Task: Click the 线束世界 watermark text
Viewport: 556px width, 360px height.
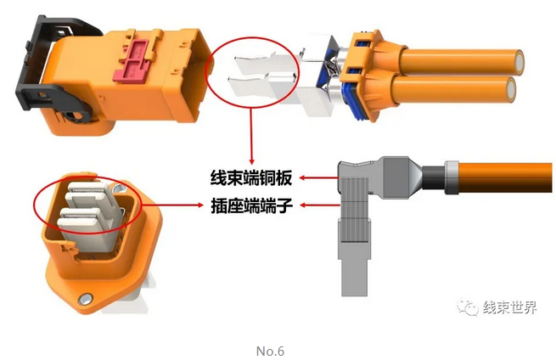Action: pos(509,307)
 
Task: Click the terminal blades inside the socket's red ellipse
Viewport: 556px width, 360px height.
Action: pos(85,208)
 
